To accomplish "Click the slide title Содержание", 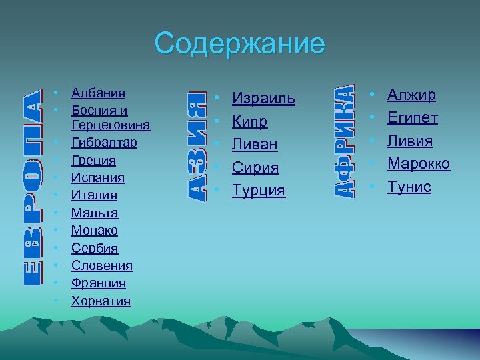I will tap(240, 44).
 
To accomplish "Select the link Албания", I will tap(98, 93).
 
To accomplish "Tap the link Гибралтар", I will tap(104, 143).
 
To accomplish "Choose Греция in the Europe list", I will tap(93, 161).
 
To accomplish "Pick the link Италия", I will tap(94, 195).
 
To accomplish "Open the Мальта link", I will tap(95, 213).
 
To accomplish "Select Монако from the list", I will tap(95, 231).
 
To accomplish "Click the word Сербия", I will tap(95, 249).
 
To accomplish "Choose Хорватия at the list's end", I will tap(101, 301).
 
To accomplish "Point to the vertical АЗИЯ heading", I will tap(194, 144).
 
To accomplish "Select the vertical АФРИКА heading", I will tap(343, 141).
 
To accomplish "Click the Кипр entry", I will tap(249, 122).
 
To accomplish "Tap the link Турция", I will tap(258, 191).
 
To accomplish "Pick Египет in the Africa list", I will tap(413, 118).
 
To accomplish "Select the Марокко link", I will tap(419, 164).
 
